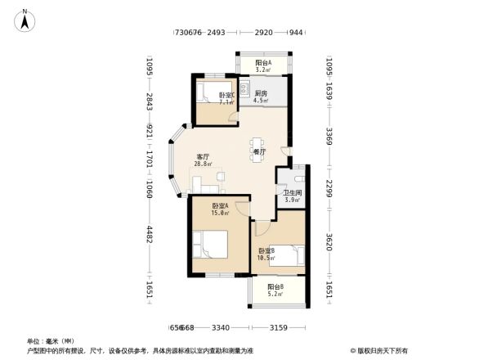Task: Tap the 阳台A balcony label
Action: click(x=262, y=66)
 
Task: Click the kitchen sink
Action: click(x=245, y=83)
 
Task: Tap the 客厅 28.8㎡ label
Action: click(x=204, y=160)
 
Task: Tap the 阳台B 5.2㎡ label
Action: click(x=275, y=290)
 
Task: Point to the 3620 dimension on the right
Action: click(x=329, y=241)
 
